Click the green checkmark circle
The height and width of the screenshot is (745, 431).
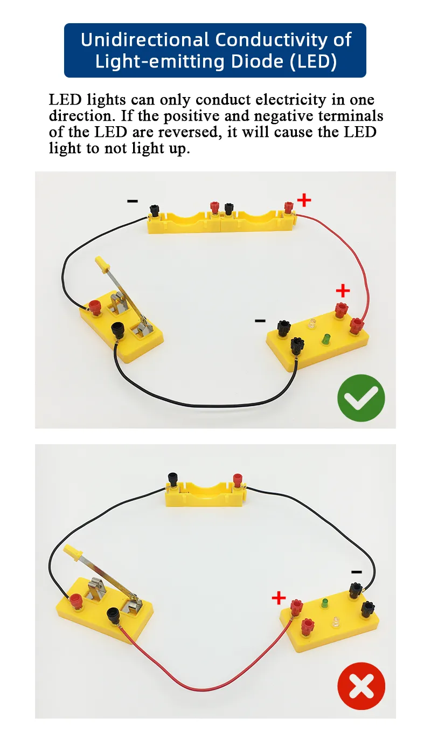[x=361, y=398]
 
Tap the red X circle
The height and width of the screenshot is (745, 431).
[x=361, y=686]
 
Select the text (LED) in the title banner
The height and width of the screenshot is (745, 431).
[x=313, y=61]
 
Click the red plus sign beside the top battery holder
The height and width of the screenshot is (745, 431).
[x=304, y=201]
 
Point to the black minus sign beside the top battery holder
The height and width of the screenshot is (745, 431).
[x=132, y=201]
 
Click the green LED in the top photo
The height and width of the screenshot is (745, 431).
[x=325, y=339]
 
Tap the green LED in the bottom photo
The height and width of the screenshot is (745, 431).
[x=325, y=603]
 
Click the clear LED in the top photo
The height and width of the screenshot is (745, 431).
[x=312, y=325]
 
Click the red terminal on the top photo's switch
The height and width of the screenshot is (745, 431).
[x=95, y=307]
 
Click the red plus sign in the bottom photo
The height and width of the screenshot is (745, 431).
[x=279, y=597]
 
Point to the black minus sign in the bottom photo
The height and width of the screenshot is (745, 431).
[x=356, y=572]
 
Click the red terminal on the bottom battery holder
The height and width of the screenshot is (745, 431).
[x=236, y=479]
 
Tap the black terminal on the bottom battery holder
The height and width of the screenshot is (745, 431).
[x=173, y=478]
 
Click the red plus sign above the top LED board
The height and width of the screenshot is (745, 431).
[x=343, y=291]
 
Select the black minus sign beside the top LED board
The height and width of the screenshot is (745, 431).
[x=260, y=321]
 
